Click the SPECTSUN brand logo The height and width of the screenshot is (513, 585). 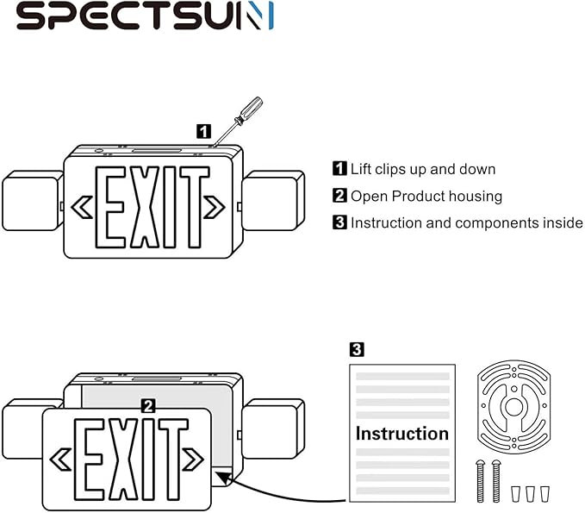(x=145, y=16)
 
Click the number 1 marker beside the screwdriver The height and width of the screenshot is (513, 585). (x=203, y=131)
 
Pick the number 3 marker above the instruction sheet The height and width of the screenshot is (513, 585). (x=356, y=349)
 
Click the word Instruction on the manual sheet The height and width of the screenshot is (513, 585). (x=401, y=433)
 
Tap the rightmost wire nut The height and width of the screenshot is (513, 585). (x=544, y=493)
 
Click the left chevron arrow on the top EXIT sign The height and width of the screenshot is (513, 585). (x=82, y=207)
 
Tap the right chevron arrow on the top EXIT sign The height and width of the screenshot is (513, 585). (x=214, y=207)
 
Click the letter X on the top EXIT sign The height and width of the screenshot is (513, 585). (x=141, y=207)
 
